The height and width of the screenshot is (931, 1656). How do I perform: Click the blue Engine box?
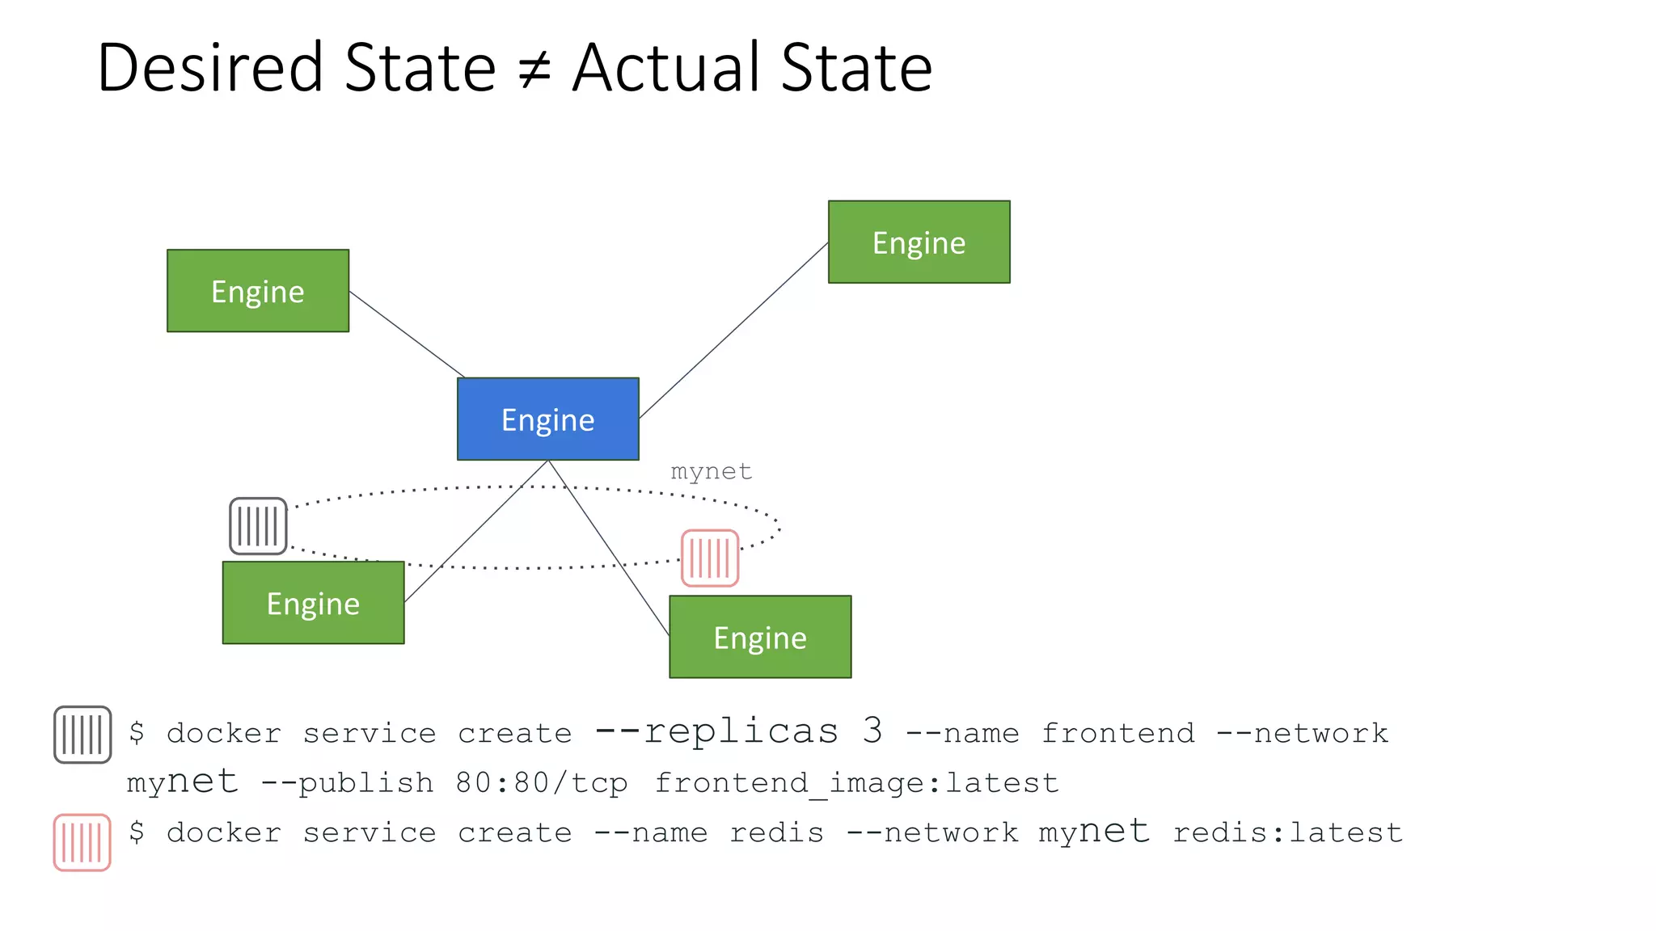[x=547, y=419]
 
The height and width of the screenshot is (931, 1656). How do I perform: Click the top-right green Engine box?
[x=919, y=242]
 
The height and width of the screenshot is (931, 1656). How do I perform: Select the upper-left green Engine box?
[x=257, y=290]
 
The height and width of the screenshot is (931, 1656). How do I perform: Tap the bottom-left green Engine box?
[x=313, y=603]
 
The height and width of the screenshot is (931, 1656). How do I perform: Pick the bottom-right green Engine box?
[x=759, y=637]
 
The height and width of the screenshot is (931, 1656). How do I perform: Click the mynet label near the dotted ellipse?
[x=711, y=471]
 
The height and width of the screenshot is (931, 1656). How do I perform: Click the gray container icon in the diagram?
[x=258, y=526]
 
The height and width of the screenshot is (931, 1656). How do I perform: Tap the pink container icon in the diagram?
[x=709, y=558]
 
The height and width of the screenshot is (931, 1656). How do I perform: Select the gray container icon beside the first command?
[x=82, y=735]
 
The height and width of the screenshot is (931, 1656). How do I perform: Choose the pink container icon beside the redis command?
[x=82, y=842]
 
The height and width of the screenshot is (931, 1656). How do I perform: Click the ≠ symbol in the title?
[x=534, y=70]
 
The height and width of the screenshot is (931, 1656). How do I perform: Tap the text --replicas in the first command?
[x=716, y=731]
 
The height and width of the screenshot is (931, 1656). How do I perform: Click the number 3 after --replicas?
[x=872, y=731]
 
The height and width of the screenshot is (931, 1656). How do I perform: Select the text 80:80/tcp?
[x=541, y=782]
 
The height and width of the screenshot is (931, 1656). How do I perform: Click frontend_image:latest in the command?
[x=855, y=782]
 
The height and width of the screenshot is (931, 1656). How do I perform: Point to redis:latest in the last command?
[x=1287, y=832]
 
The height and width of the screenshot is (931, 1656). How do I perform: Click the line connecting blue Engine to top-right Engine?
[x=733, y=330]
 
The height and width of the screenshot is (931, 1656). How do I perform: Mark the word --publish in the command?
[x=347, y=782]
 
